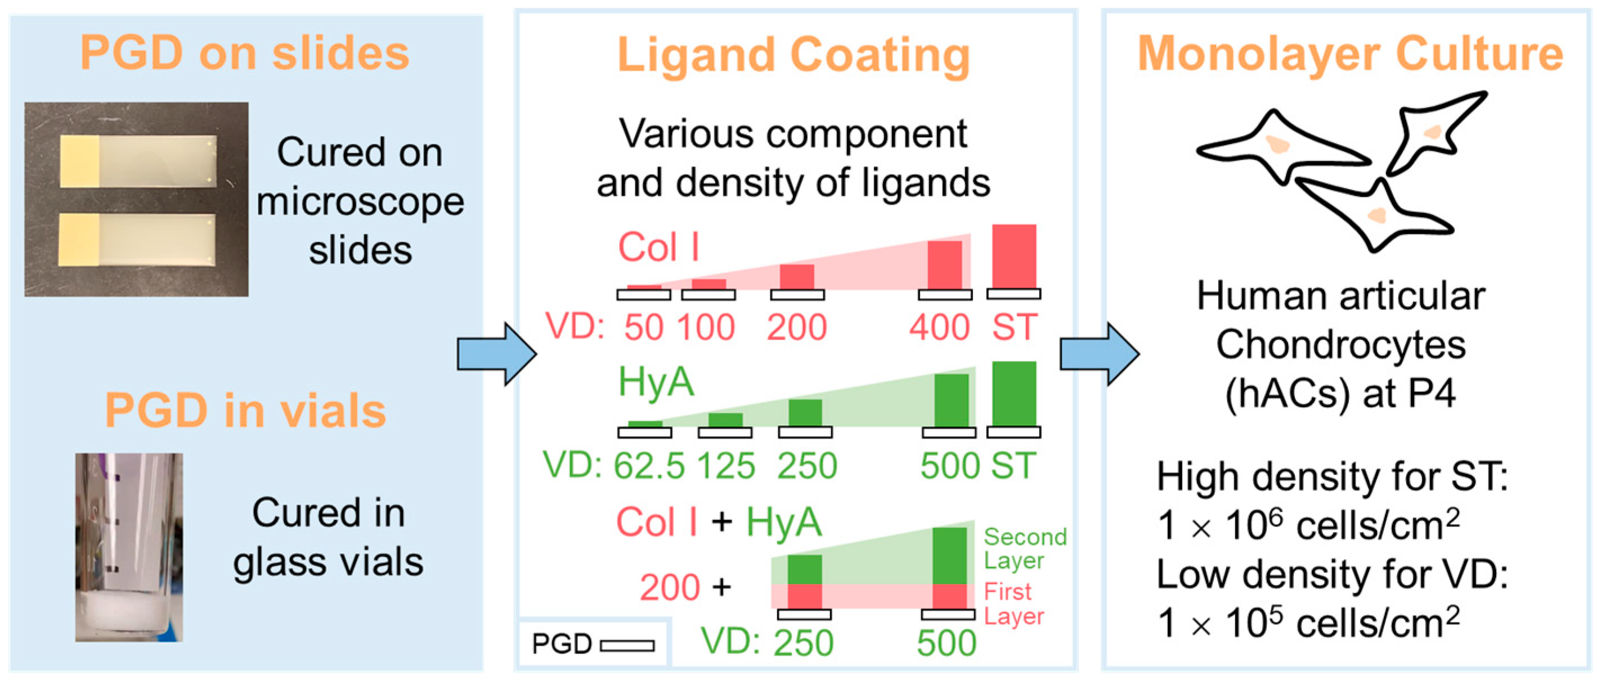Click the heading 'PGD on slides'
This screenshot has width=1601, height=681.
(245, 53)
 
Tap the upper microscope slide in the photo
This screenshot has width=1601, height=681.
(138, 161)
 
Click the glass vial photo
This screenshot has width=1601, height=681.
(129, 547)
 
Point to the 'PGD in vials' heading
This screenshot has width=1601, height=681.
(245, 411)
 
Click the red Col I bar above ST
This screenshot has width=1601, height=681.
(1013, 256)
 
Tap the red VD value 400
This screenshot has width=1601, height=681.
(939, 327)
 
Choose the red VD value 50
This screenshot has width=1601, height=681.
(644, 327)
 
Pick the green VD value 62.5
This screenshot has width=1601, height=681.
(649, 466)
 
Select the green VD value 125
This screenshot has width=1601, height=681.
(726, 466)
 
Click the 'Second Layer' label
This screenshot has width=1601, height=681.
(1024, 548)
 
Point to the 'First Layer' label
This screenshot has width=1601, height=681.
(1013, 603)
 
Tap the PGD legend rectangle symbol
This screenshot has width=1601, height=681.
(627, 646)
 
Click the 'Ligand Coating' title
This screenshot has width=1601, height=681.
(793, 56)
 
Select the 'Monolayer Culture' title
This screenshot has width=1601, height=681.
(1350, 54)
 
